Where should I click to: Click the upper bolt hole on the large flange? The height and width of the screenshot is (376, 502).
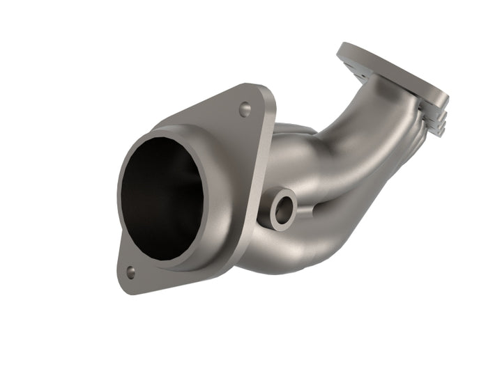pos(245,109)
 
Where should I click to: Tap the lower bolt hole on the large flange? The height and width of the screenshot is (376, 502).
pos(130,272)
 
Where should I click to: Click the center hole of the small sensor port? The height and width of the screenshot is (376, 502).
pos(283,210)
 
